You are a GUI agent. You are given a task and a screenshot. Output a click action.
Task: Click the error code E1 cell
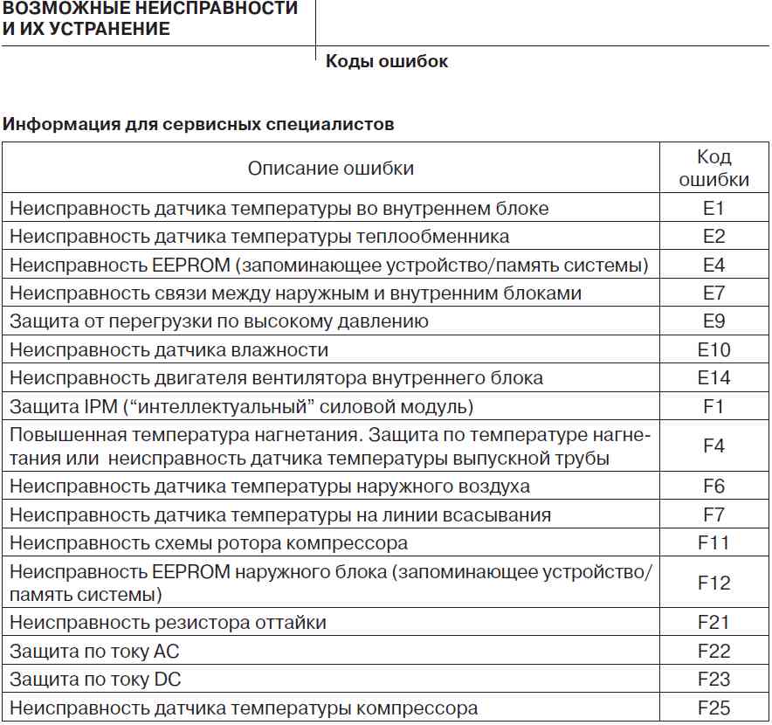(x=713, y=209)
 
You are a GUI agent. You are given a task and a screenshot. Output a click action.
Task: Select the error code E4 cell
(x=713, y=265)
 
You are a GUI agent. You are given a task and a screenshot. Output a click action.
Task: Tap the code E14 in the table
(x=713, y=378)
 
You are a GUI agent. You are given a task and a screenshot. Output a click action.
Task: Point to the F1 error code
(x=713, y=406)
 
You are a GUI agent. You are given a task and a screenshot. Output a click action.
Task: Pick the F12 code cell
(x=713, y=583)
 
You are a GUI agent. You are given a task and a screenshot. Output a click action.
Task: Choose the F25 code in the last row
(x=713, y=708)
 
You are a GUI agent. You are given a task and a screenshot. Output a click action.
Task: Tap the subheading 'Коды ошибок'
(x=386, y=62)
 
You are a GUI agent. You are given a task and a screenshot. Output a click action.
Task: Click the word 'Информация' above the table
(x=52, y=124)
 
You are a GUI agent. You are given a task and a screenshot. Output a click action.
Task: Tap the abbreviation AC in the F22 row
(x=166, y=651)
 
